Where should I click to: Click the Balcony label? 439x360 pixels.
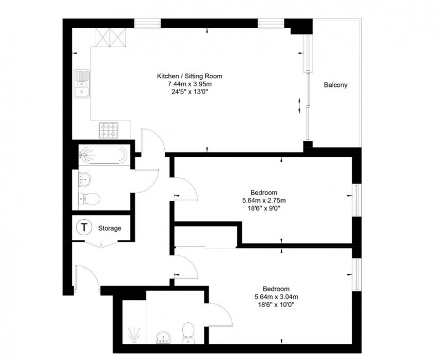(335, 85)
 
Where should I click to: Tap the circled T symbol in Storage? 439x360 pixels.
(84, 227)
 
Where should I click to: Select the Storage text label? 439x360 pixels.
(110, 228)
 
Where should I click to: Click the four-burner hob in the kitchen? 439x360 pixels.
(108, 130)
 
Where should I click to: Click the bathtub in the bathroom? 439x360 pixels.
(104, 155)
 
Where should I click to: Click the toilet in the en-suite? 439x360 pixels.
(188, 333)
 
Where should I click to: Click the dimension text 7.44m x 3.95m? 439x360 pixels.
(189, 84)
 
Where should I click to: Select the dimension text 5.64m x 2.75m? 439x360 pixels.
(264, 200)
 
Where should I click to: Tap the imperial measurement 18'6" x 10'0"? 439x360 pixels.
(276, 305)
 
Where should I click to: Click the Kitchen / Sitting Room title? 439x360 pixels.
(189, 76)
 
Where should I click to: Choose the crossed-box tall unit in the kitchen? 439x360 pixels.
(110, 37)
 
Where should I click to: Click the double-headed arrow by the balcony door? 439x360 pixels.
(299, 106)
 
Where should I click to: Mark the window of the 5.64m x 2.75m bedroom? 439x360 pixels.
(356, 200)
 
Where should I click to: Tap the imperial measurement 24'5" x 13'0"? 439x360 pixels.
(189, 91)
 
